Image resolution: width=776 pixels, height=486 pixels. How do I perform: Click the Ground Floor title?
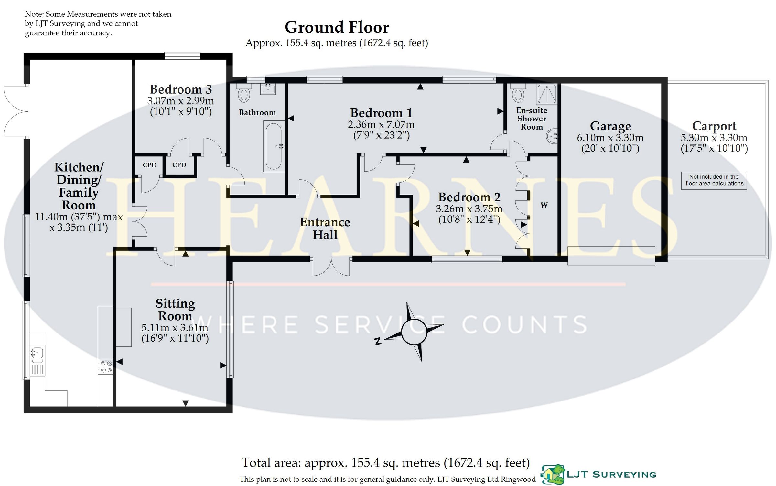(x=337, y=28)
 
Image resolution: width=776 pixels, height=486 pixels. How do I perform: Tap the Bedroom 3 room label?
(x=181, y=89)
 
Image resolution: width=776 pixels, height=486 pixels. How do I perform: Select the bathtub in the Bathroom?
(x=274, y=146)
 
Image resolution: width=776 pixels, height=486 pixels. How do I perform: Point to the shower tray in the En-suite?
(x=546, y=94)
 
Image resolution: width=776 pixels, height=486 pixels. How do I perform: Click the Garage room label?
(x=610, y=126)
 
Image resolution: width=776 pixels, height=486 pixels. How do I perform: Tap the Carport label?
(x=714, y=126)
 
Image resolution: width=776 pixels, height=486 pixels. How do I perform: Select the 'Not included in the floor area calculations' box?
(x=714, y=180)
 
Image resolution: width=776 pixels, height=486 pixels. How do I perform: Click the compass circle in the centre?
(x=414, y=332)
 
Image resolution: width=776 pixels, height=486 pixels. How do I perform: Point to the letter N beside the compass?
(x=377, y=341)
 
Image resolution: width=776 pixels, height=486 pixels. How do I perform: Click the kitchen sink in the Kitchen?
(x=38, y=355)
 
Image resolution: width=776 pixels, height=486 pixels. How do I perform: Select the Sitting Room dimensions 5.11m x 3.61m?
(x=175, y=328)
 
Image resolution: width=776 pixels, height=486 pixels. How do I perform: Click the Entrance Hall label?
(x=325, y=229)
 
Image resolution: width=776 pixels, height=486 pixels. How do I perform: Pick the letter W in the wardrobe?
(x=544, y=205)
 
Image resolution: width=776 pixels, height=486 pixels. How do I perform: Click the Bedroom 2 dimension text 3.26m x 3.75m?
(x=469, y=209)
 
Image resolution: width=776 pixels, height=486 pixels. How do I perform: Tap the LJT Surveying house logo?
(x=553, y=474)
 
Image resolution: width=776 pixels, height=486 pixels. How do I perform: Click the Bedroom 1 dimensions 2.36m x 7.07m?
(x=381, y=124)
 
